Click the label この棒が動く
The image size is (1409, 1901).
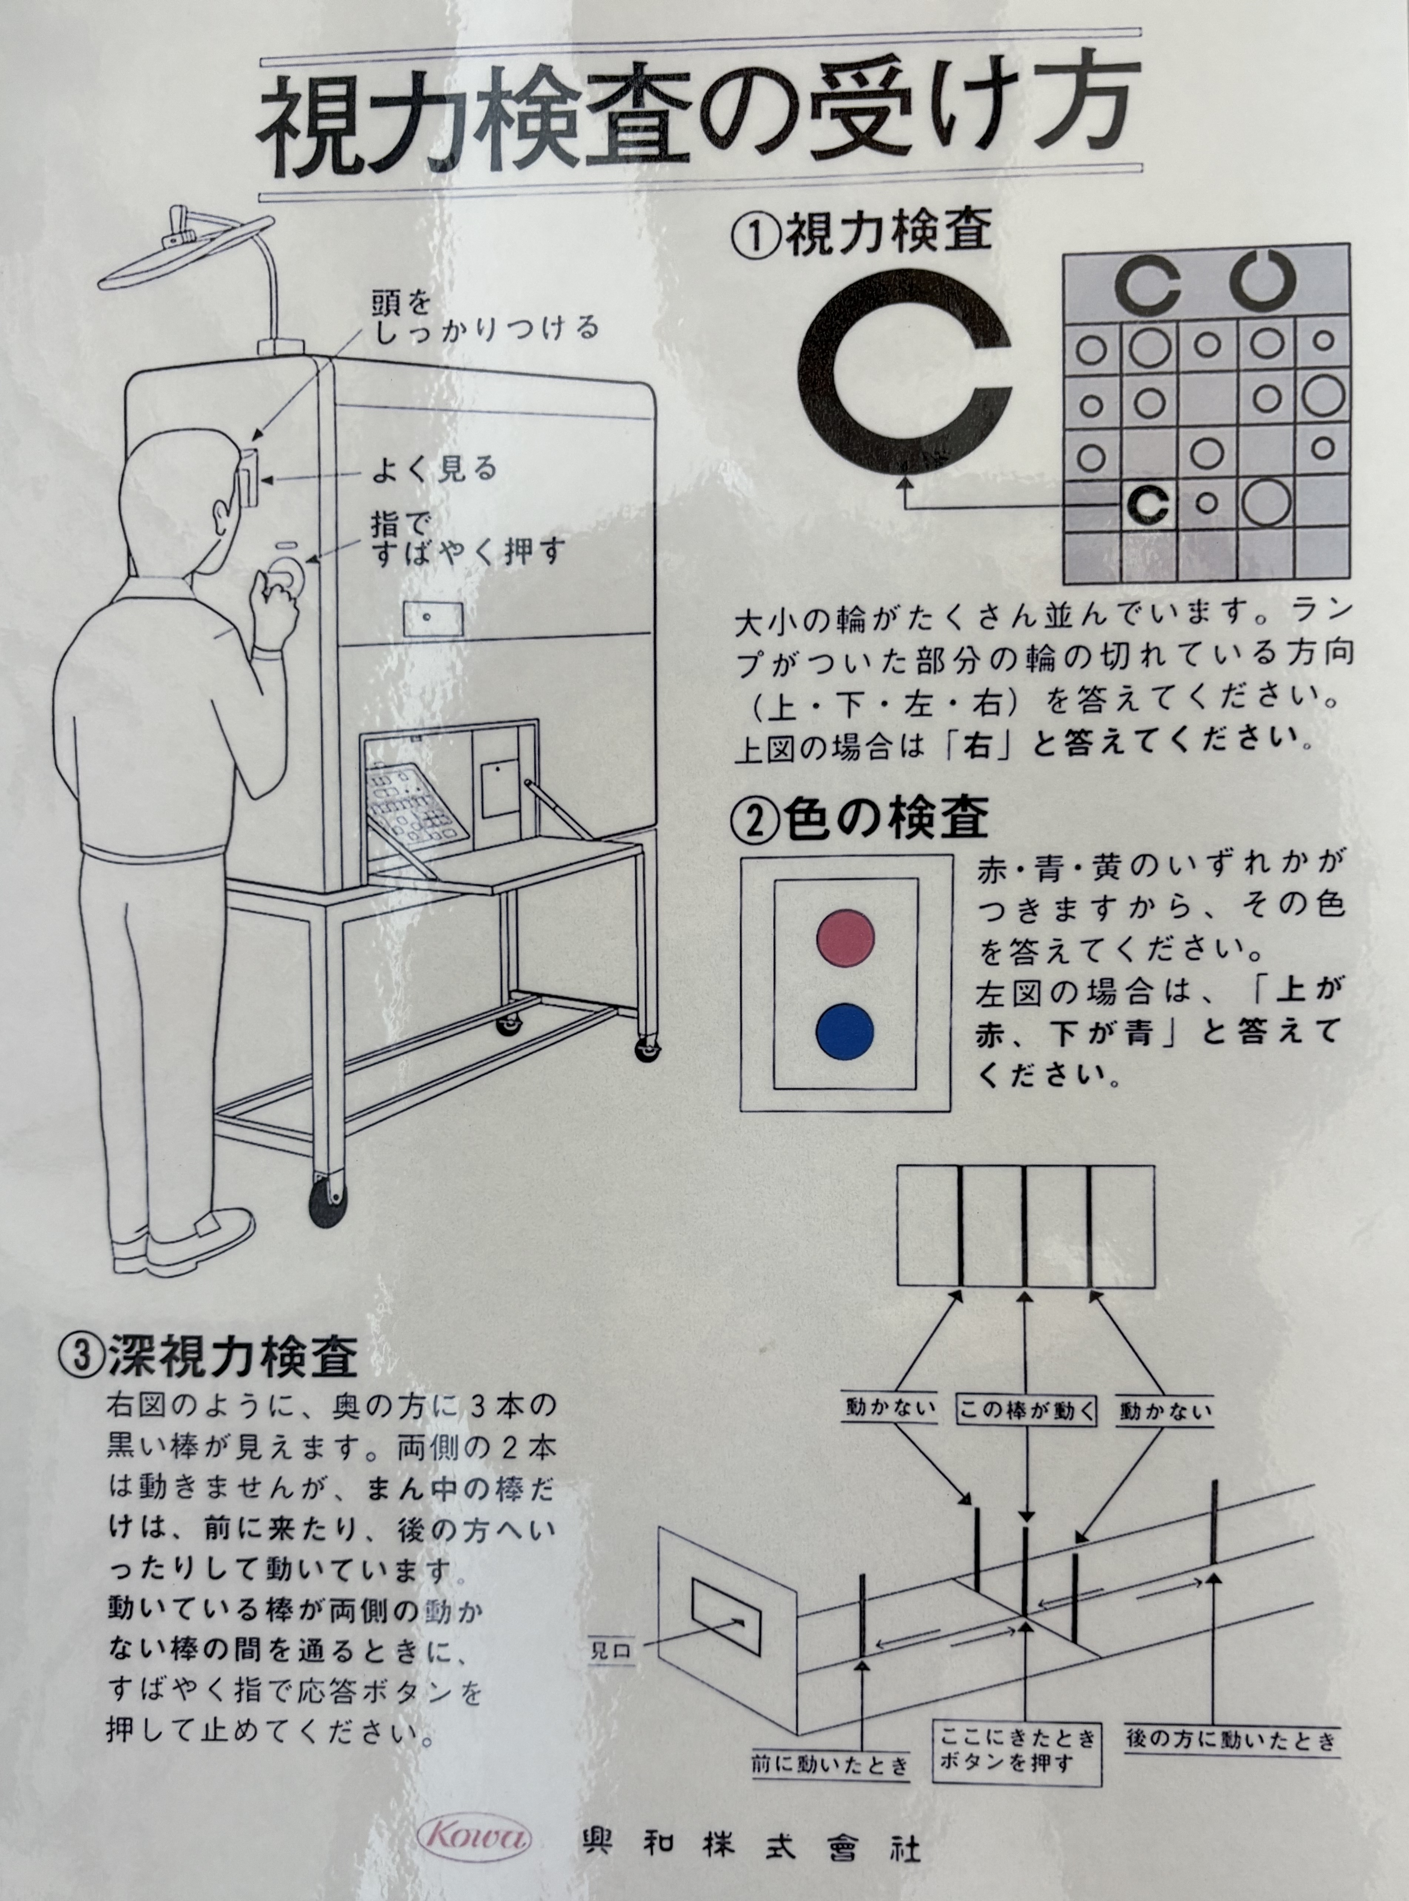[x=1027, y=1409]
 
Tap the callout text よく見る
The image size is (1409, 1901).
[x=434, y=469]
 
